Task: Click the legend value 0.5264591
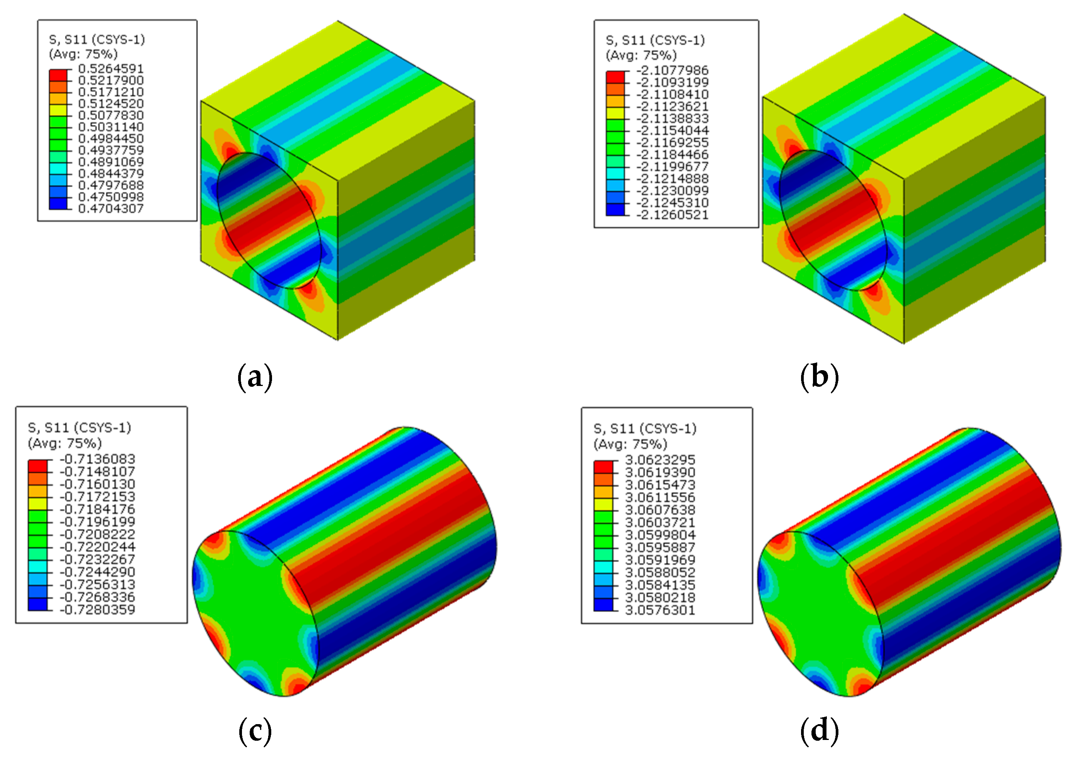click(x=111, y=69)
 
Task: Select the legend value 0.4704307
click(x=111, y=209)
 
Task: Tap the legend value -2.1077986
click(x=672, y=70)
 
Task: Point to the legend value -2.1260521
click(x=672, y=215)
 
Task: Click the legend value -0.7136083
click(x=97, y=459)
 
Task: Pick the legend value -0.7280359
click(x=97, y=610)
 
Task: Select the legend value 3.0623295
click(x=660, y=460)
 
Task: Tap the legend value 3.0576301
click(x=660, y=610)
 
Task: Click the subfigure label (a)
click(x=255, y=377)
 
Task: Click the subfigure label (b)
click(x=820, y=377)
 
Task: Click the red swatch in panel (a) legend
click(x=58, y=75)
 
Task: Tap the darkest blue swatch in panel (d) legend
click(x=603, y=605)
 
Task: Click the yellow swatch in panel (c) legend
click(x=37, y=504)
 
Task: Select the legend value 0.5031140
click(x=111, y=127)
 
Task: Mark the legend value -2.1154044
click(x=672, y=131)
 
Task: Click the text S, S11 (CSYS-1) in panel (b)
click(x=655, y=40)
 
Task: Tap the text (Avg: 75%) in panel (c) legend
click(x=65, y=443)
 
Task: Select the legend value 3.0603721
click(x=660, y=522)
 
